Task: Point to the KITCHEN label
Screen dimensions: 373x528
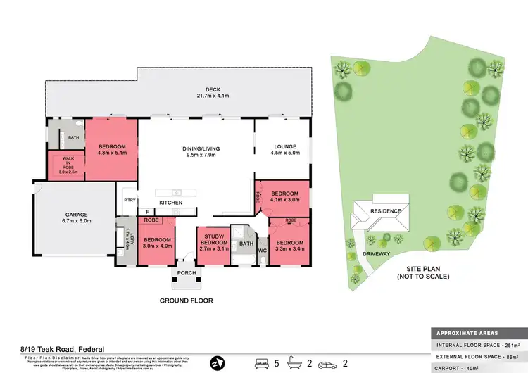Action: [170, 203]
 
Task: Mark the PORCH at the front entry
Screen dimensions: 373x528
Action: [187, 274]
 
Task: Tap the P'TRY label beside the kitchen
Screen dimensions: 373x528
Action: [129, 201]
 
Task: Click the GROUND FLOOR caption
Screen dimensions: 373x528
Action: [186, 301]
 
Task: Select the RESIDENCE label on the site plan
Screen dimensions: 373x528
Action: [386, 211]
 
